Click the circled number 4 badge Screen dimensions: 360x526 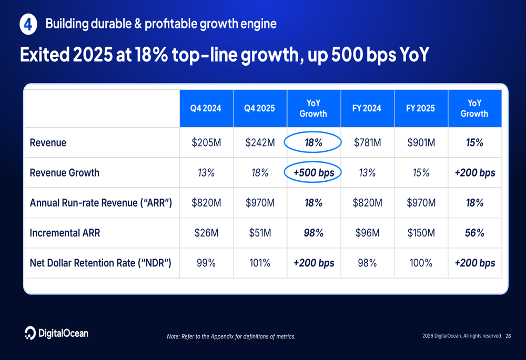(28, 25)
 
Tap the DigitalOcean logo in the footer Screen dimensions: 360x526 (56, 333)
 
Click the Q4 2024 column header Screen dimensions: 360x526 (206, 108)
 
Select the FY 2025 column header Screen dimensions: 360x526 (420, 108)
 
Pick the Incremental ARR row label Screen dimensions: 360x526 (65, 233)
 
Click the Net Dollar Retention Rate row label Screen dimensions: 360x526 (100, 263)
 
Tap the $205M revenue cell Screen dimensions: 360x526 (206, 142)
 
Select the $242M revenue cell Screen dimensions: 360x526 (259, 142)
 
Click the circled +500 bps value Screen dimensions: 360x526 (313, 172)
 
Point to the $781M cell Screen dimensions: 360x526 (367, 142)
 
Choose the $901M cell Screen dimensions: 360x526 (420, 142)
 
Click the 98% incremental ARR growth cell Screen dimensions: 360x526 (313, 233)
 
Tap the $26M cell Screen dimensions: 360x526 (206, 233)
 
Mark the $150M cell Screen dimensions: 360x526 (420, 233)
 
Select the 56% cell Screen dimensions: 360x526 (474, 233)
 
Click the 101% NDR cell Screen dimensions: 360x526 (259, 263)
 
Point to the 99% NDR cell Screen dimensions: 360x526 (206, 263)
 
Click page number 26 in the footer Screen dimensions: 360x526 (508, 336)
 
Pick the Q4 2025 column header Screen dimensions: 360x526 (259, 108)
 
